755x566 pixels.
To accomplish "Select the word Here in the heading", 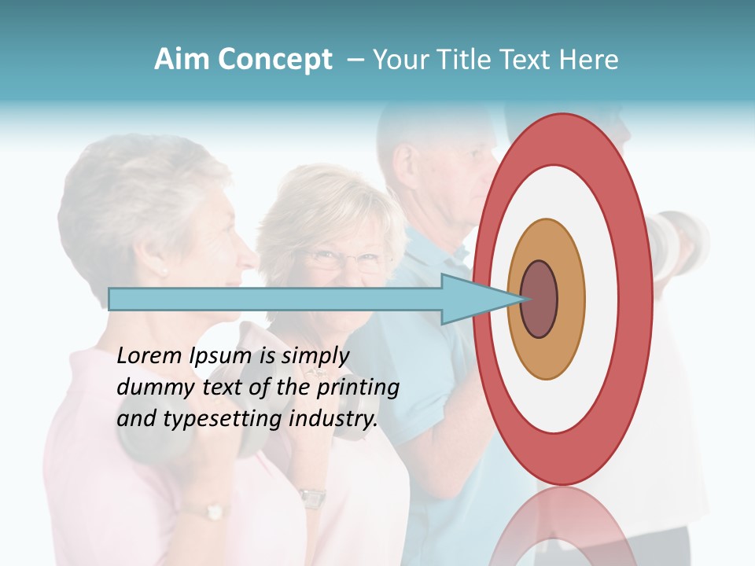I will (x=588, y=60).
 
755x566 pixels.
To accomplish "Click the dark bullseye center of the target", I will (x=540, y=300).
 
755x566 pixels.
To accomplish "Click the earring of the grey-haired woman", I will (x=164, y=272).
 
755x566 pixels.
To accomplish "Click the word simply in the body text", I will (x=314, y=356).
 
